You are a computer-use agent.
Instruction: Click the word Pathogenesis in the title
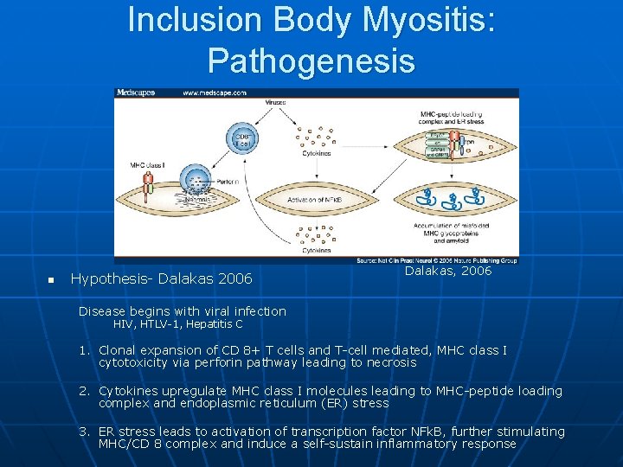(311, 61)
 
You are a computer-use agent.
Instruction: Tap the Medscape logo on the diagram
(136, 93)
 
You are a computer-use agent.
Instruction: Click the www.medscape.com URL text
(214, 93)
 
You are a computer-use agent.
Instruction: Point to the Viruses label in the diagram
(275, 102)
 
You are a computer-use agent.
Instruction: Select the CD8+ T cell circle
(243, 141)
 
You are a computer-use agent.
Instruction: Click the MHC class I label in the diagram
(145, 164)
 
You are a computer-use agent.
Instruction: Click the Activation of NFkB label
(313, 200)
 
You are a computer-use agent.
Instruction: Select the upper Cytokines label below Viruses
(315, 153)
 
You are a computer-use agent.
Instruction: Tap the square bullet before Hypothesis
(52, 280)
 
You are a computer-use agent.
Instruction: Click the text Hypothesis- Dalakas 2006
(161, 278)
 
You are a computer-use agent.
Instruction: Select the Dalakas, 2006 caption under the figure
(447, 272)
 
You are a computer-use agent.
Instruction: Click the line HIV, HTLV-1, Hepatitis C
(178, 324)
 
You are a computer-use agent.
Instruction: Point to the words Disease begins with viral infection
(182, 310)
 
